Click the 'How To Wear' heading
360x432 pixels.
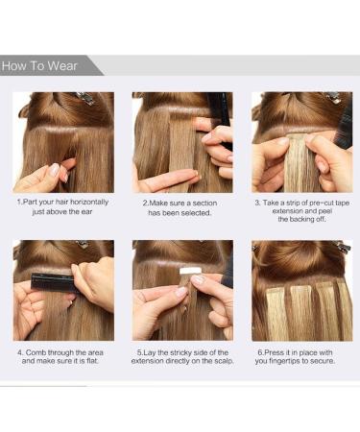(41, 66)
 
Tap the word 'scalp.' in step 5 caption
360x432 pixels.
(218, 364)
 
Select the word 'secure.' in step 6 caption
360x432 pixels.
(332, 364)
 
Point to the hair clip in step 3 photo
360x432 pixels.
(330, 98)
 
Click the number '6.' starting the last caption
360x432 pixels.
(259, 353)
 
